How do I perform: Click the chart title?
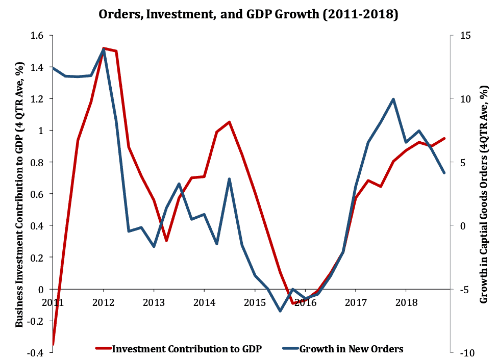(248, 15)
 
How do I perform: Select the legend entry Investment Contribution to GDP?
(186, 349)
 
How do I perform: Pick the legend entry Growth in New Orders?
(351, 349)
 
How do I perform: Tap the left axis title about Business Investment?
(19, 194)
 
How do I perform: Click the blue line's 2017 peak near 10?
(393, 99)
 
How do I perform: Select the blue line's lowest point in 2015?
(280, 311)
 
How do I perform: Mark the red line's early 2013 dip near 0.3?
(167, 240)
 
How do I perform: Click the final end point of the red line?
(444, 138)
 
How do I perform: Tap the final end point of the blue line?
(444, 173)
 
